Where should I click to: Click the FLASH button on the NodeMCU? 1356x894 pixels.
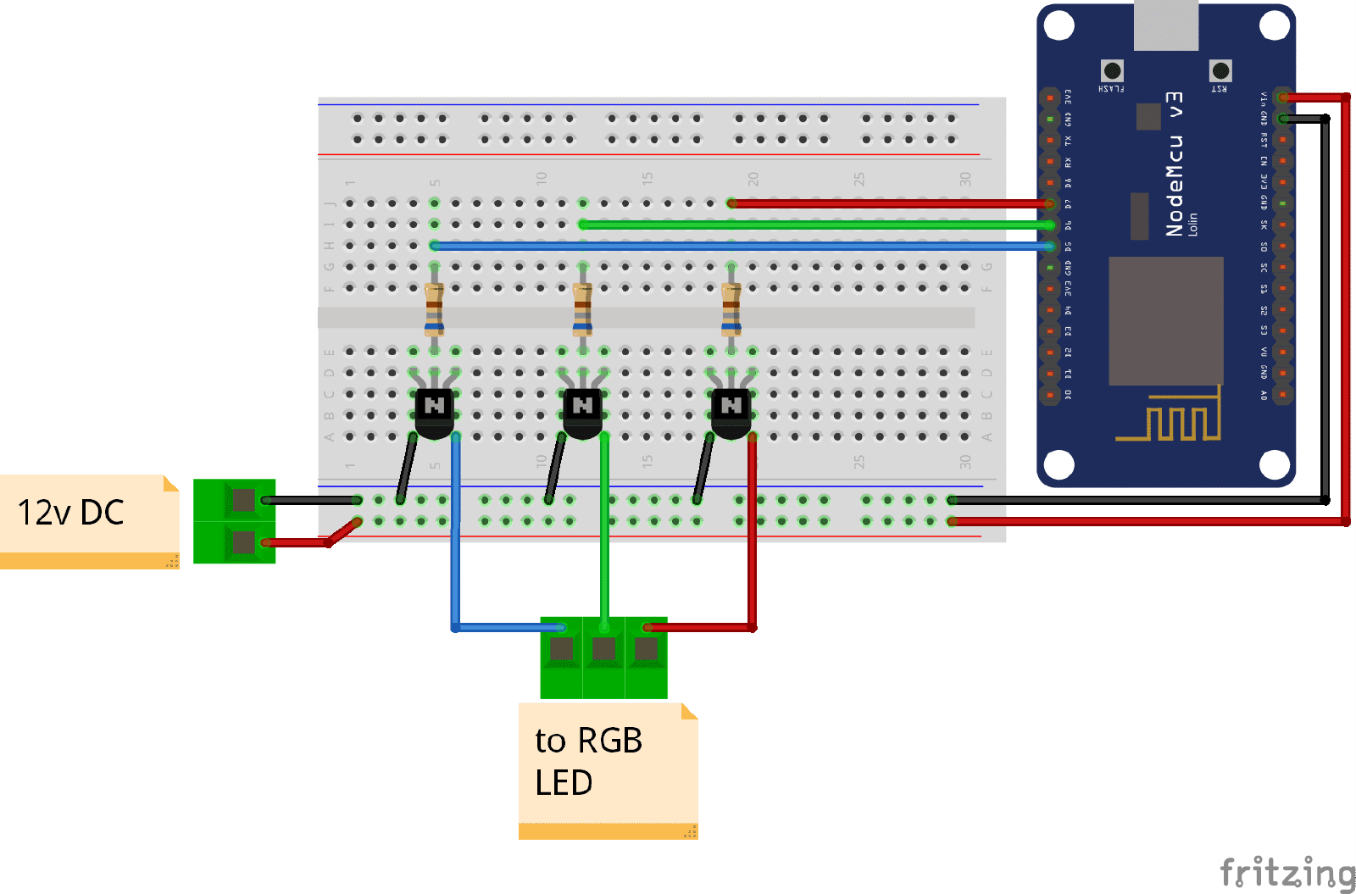coord(1112,71)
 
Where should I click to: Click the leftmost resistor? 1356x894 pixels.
coord(435,309)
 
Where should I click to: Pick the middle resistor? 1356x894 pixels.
coord(582,309)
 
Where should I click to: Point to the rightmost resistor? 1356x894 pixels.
coord(731,309)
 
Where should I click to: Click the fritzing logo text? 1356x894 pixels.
coord(1287,872)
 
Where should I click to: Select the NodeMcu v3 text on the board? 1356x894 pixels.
coord(1175,164)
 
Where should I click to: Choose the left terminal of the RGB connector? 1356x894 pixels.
coord(561,650)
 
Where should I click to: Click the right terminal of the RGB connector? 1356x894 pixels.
coord(646,650)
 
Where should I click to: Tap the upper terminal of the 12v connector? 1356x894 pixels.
coord(243,501)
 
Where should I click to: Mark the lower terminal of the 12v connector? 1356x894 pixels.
coord(243,542)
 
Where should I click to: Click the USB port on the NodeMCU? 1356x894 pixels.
coord(1166,24)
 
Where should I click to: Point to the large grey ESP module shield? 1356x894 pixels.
coord(1166,320)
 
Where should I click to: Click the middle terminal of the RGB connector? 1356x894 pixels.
coord(603,650)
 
